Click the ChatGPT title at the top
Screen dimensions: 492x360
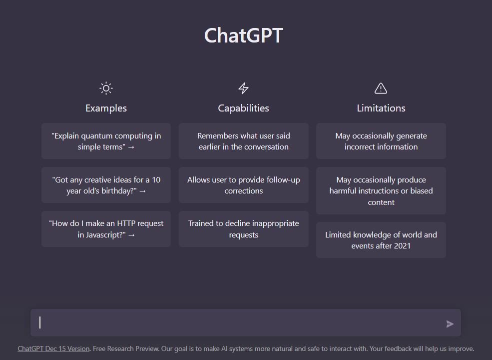pos(243,35)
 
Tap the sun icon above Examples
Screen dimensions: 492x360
pos(106,88)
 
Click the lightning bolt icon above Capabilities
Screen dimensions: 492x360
pos(243,88)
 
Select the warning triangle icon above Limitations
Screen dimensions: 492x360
pos(381,88)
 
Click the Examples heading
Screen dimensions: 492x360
pos(106,108)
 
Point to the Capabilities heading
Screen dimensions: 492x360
pos(243,108)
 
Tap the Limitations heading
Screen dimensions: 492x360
pos(381,108)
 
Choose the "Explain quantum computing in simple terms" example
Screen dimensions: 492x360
pos(106,141)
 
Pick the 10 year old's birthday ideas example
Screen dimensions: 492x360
pos(106,185)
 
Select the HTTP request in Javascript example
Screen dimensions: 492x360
pos(106,229)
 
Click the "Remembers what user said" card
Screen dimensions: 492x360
pos(243,141)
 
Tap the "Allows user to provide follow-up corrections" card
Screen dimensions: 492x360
pos(243,185)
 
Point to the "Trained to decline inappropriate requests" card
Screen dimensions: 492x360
pos(243,229)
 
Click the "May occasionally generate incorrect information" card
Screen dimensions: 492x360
pos(381,141)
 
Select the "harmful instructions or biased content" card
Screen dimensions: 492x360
pos(381,190)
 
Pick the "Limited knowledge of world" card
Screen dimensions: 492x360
pos(381,240)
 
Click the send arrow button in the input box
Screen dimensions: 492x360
pos(450,324)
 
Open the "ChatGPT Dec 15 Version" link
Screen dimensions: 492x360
pos(53,348)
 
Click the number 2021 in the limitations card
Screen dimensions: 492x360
pos(402,245)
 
